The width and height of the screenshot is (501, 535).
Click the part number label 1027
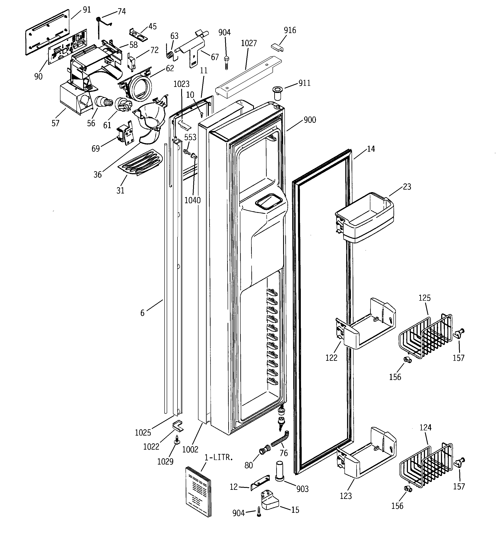pos(249,43)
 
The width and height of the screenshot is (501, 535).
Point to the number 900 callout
pos(310,120)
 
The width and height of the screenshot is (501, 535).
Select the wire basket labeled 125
pos(425,336)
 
